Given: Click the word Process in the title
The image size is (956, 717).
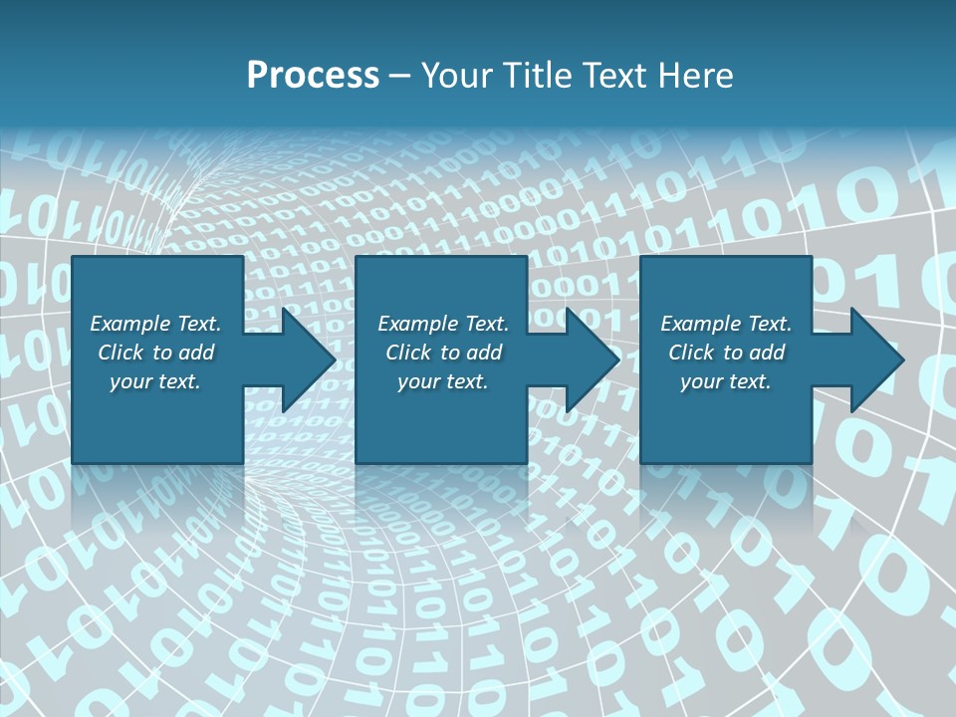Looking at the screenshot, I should pyautogui.click(x=313, y=76).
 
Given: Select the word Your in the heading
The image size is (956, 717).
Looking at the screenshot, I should pyautogui.click(x=455, y=76).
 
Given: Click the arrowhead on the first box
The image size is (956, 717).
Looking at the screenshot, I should pyautogui.click(x=304, y=359).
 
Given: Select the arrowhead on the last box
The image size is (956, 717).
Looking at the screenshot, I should pyautogui.click(x=872, y=359).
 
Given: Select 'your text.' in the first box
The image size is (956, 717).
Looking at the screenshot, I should pyautogui.click(x=155, y=381).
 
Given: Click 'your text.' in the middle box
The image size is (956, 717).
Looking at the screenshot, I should pyautogui.click(x=443, y=381).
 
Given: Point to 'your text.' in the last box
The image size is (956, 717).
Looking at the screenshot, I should pyautogui.click(x=726, y=381).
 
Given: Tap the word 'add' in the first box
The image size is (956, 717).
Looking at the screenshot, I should pyautogui.click(x=197, y=353).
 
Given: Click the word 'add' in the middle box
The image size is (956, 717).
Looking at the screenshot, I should pyautogui.click(x=484, y=353).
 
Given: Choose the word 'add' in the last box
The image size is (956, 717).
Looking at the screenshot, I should pyautogui.click(x=767, y=353).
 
